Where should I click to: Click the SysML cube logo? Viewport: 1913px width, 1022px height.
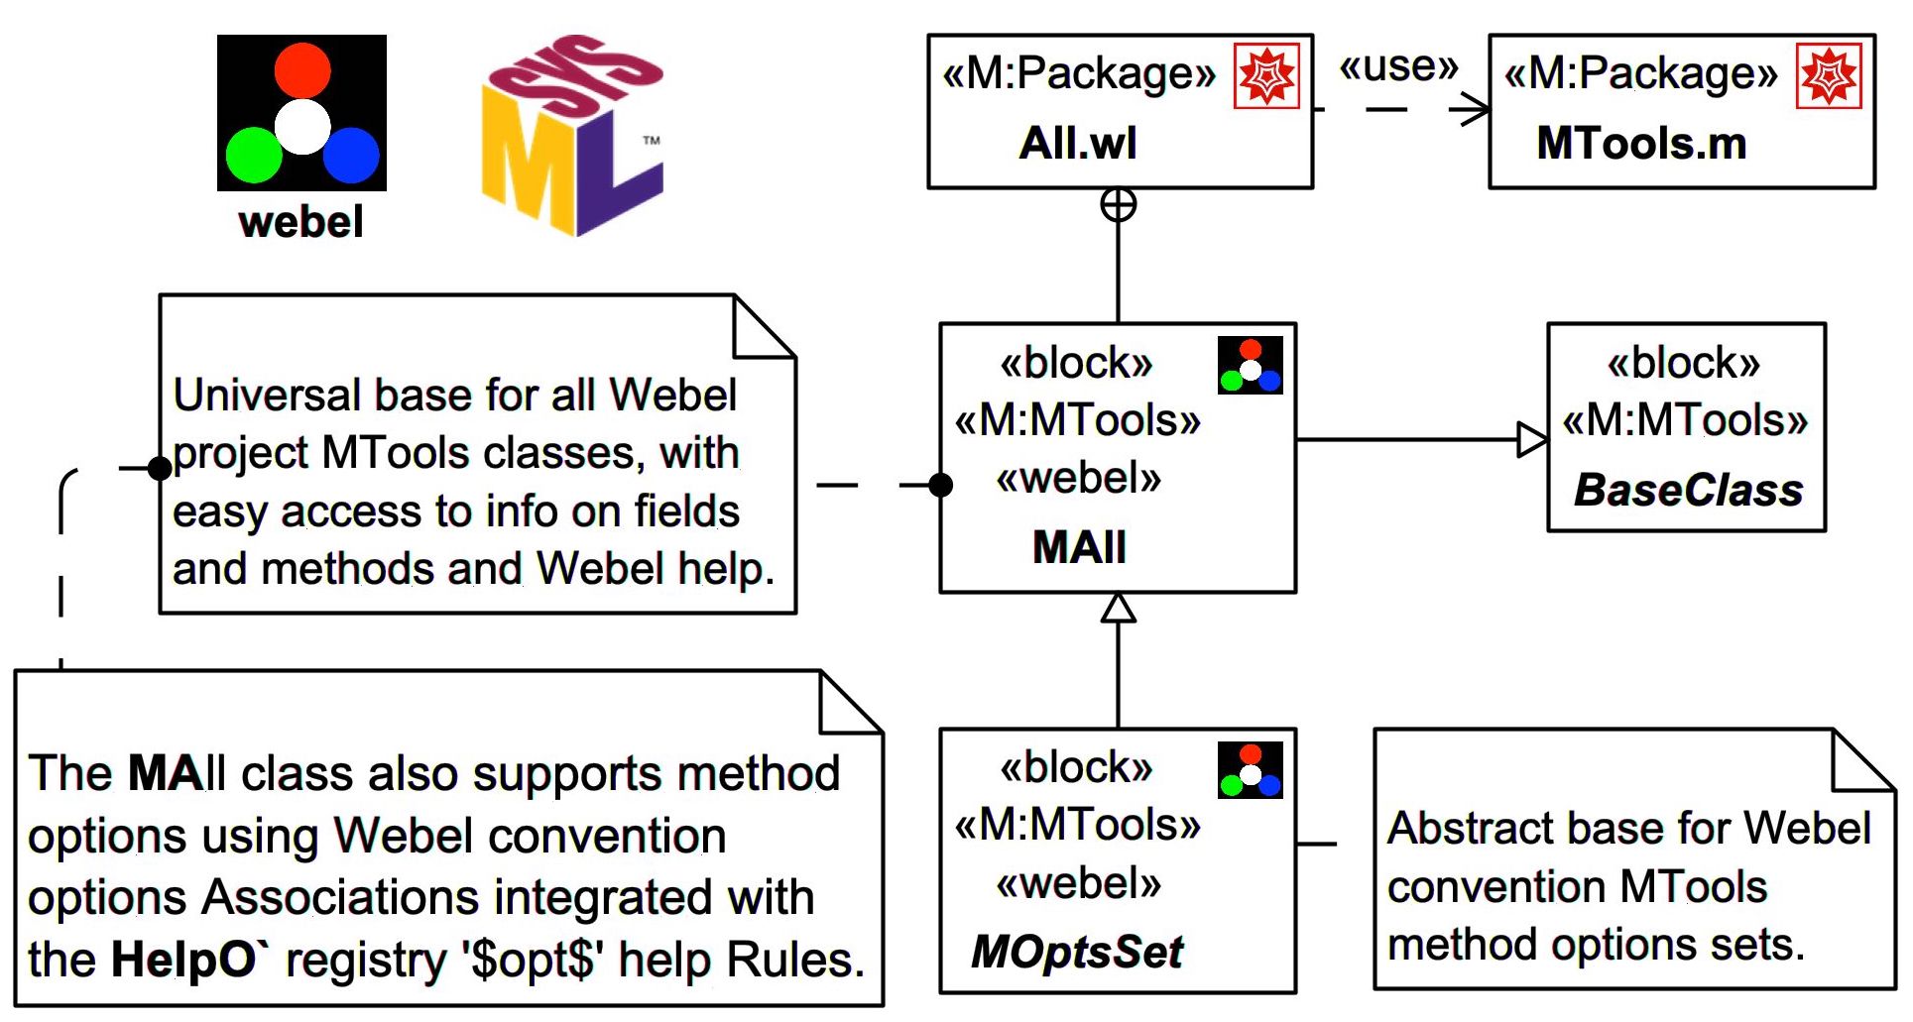572,137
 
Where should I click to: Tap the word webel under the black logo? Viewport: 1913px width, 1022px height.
300,221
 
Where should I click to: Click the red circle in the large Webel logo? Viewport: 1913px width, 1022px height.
302,69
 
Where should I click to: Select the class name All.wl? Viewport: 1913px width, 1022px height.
1078,144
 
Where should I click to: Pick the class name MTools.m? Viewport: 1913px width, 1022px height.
1641,144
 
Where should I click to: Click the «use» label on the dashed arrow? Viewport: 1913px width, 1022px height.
1398,67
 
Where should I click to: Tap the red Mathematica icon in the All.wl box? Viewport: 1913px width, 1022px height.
1266,75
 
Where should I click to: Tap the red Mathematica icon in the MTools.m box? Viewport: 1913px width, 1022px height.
1829,75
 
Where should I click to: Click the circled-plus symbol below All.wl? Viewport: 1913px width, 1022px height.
1119,205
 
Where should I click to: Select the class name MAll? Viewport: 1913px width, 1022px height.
1079,547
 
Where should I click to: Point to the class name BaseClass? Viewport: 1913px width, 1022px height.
1688,491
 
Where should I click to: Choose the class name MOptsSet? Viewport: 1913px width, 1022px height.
1077,953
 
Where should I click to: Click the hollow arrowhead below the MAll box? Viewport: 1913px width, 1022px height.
1119,609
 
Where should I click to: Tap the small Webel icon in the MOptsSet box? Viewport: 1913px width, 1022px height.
1251,770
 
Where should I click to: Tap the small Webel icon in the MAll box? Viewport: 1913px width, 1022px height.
1251,366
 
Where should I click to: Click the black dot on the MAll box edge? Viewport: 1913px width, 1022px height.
941,485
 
